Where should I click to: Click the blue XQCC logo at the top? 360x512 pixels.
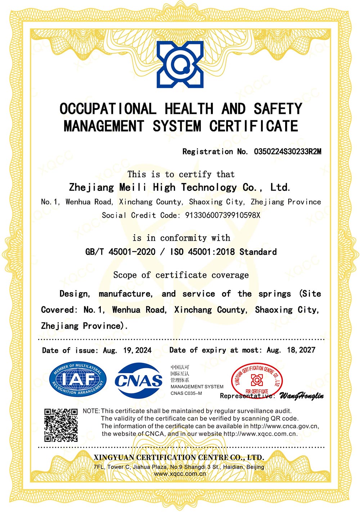pos(180,64)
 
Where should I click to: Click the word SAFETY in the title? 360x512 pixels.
pos(278,108)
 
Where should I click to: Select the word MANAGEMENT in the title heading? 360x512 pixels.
pos(104,126)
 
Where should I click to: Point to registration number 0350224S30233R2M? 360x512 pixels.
pos(287,151)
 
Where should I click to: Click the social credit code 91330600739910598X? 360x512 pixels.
pos(222,215)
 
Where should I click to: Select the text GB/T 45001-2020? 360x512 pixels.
pos(120,251)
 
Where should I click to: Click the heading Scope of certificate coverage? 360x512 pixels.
pos(181,275)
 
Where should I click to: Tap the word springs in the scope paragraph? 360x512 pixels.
pos(274,294)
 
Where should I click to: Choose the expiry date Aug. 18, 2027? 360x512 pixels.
pos(291,350)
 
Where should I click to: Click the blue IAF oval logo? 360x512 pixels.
pos(78,380)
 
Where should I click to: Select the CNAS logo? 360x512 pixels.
pos(139,380)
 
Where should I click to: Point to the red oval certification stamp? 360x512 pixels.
pos(256,380)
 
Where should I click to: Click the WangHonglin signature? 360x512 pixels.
pos(301,396)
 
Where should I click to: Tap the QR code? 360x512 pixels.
pos(61,425)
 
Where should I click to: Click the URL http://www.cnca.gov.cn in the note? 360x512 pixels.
pos(284,426)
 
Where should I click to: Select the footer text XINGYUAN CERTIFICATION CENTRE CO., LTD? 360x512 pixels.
pos(179,458)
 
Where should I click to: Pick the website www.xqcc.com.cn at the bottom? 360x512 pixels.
pos(180,474)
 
